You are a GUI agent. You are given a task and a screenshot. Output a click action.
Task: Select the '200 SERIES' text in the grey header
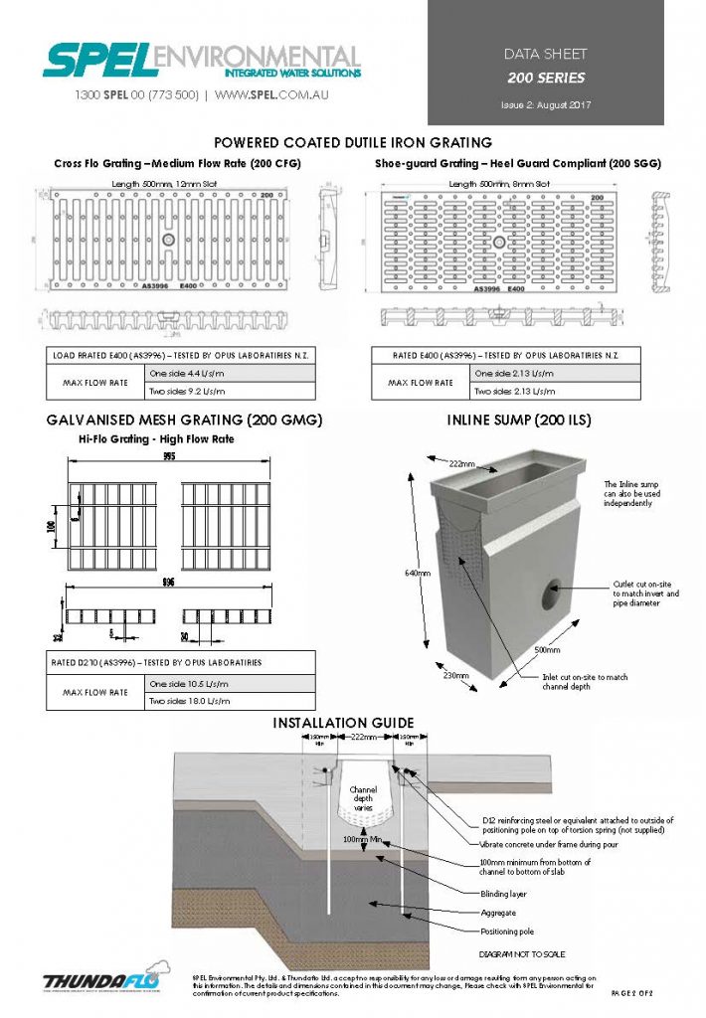(546, 77)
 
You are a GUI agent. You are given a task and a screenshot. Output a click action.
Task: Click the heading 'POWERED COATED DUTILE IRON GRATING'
(353, 143)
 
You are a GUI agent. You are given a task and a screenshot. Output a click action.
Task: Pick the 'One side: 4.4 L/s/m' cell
(231, 373)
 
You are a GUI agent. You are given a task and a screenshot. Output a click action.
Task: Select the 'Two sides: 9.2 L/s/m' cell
(231, 391)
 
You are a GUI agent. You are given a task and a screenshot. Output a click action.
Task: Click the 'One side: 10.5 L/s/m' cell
(231, 684)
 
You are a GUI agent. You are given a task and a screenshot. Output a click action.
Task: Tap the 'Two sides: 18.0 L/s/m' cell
(231, 701)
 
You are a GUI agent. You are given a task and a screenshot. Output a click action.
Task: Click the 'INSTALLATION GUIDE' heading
(343, 723)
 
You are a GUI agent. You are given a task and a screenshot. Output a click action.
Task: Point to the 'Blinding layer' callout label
(502, 894)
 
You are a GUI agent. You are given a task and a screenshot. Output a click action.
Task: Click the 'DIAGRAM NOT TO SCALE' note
(515, 951)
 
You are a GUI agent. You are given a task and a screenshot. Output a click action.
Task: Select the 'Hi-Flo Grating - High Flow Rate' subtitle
(156, 438)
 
